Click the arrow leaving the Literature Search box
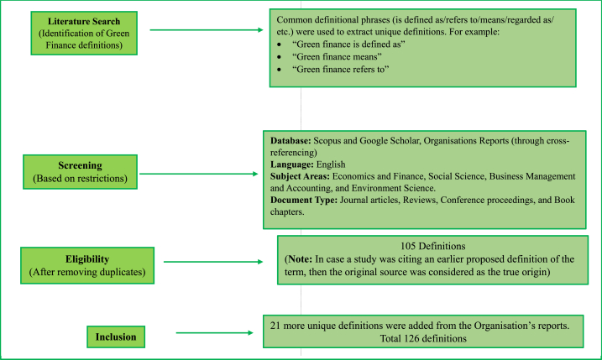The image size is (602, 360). [206, 31]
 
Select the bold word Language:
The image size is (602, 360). [294, 165]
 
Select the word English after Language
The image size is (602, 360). [336, 165]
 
